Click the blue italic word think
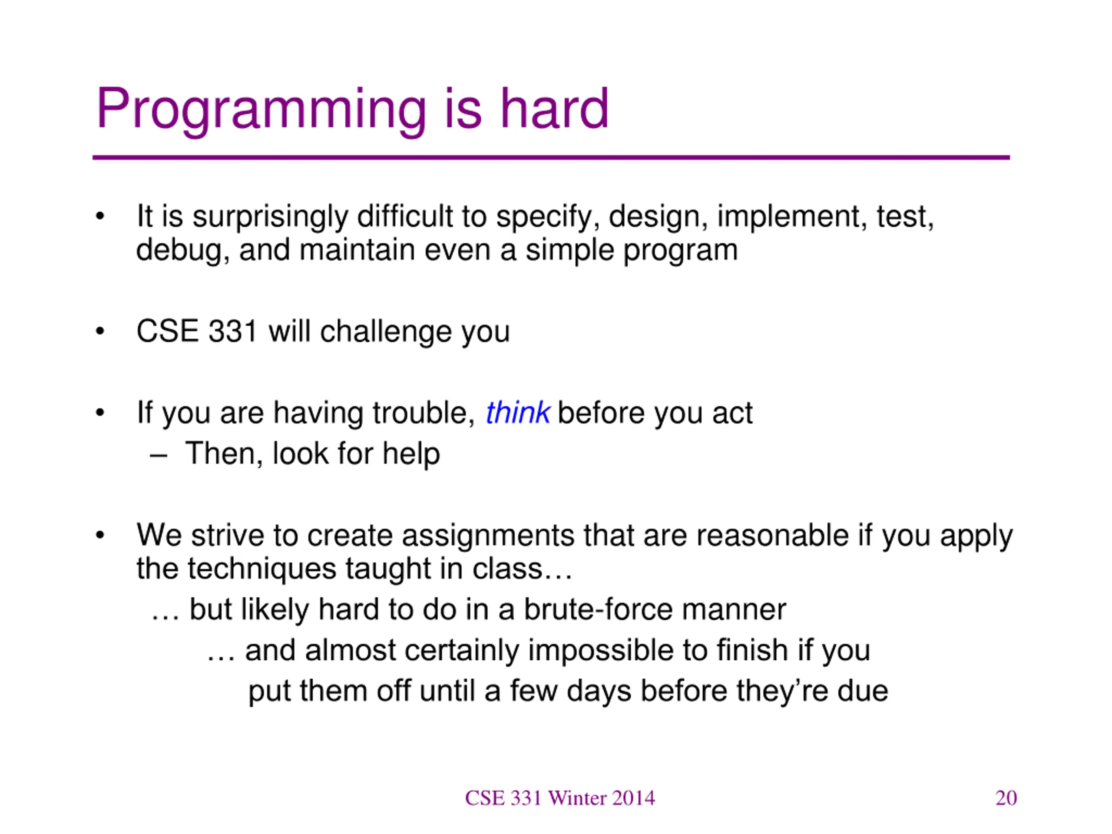tap(518, 413)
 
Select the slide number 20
tap(1006, 798)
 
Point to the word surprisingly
tap(271, 218)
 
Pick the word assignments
tap(488, 536)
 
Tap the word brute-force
tap(598, 609)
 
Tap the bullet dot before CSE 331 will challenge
tap(100, 332)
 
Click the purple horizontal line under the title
tap(551, 157)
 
